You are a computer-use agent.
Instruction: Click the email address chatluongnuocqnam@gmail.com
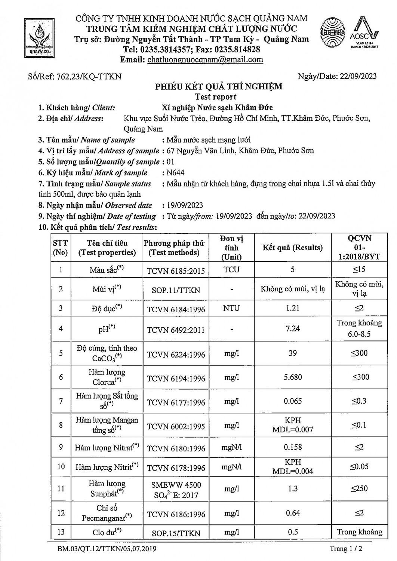(205, 60)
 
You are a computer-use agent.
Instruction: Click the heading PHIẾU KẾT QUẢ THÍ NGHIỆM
(219, 87)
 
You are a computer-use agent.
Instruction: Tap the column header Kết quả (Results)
(292, 248)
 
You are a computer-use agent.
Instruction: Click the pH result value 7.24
(293, 328)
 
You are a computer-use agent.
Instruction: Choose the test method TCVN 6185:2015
(176, 270)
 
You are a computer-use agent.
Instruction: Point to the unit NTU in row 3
(231, 308)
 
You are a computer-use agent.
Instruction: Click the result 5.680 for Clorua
(293, 377)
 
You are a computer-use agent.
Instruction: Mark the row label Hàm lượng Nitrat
(107, 447)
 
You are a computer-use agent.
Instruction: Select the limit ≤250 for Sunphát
(359, 488)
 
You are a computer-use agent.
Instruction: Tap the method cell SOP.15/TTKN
(176, 533)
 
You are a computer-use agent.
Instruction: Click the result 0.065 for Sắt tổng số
(293, 401)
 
